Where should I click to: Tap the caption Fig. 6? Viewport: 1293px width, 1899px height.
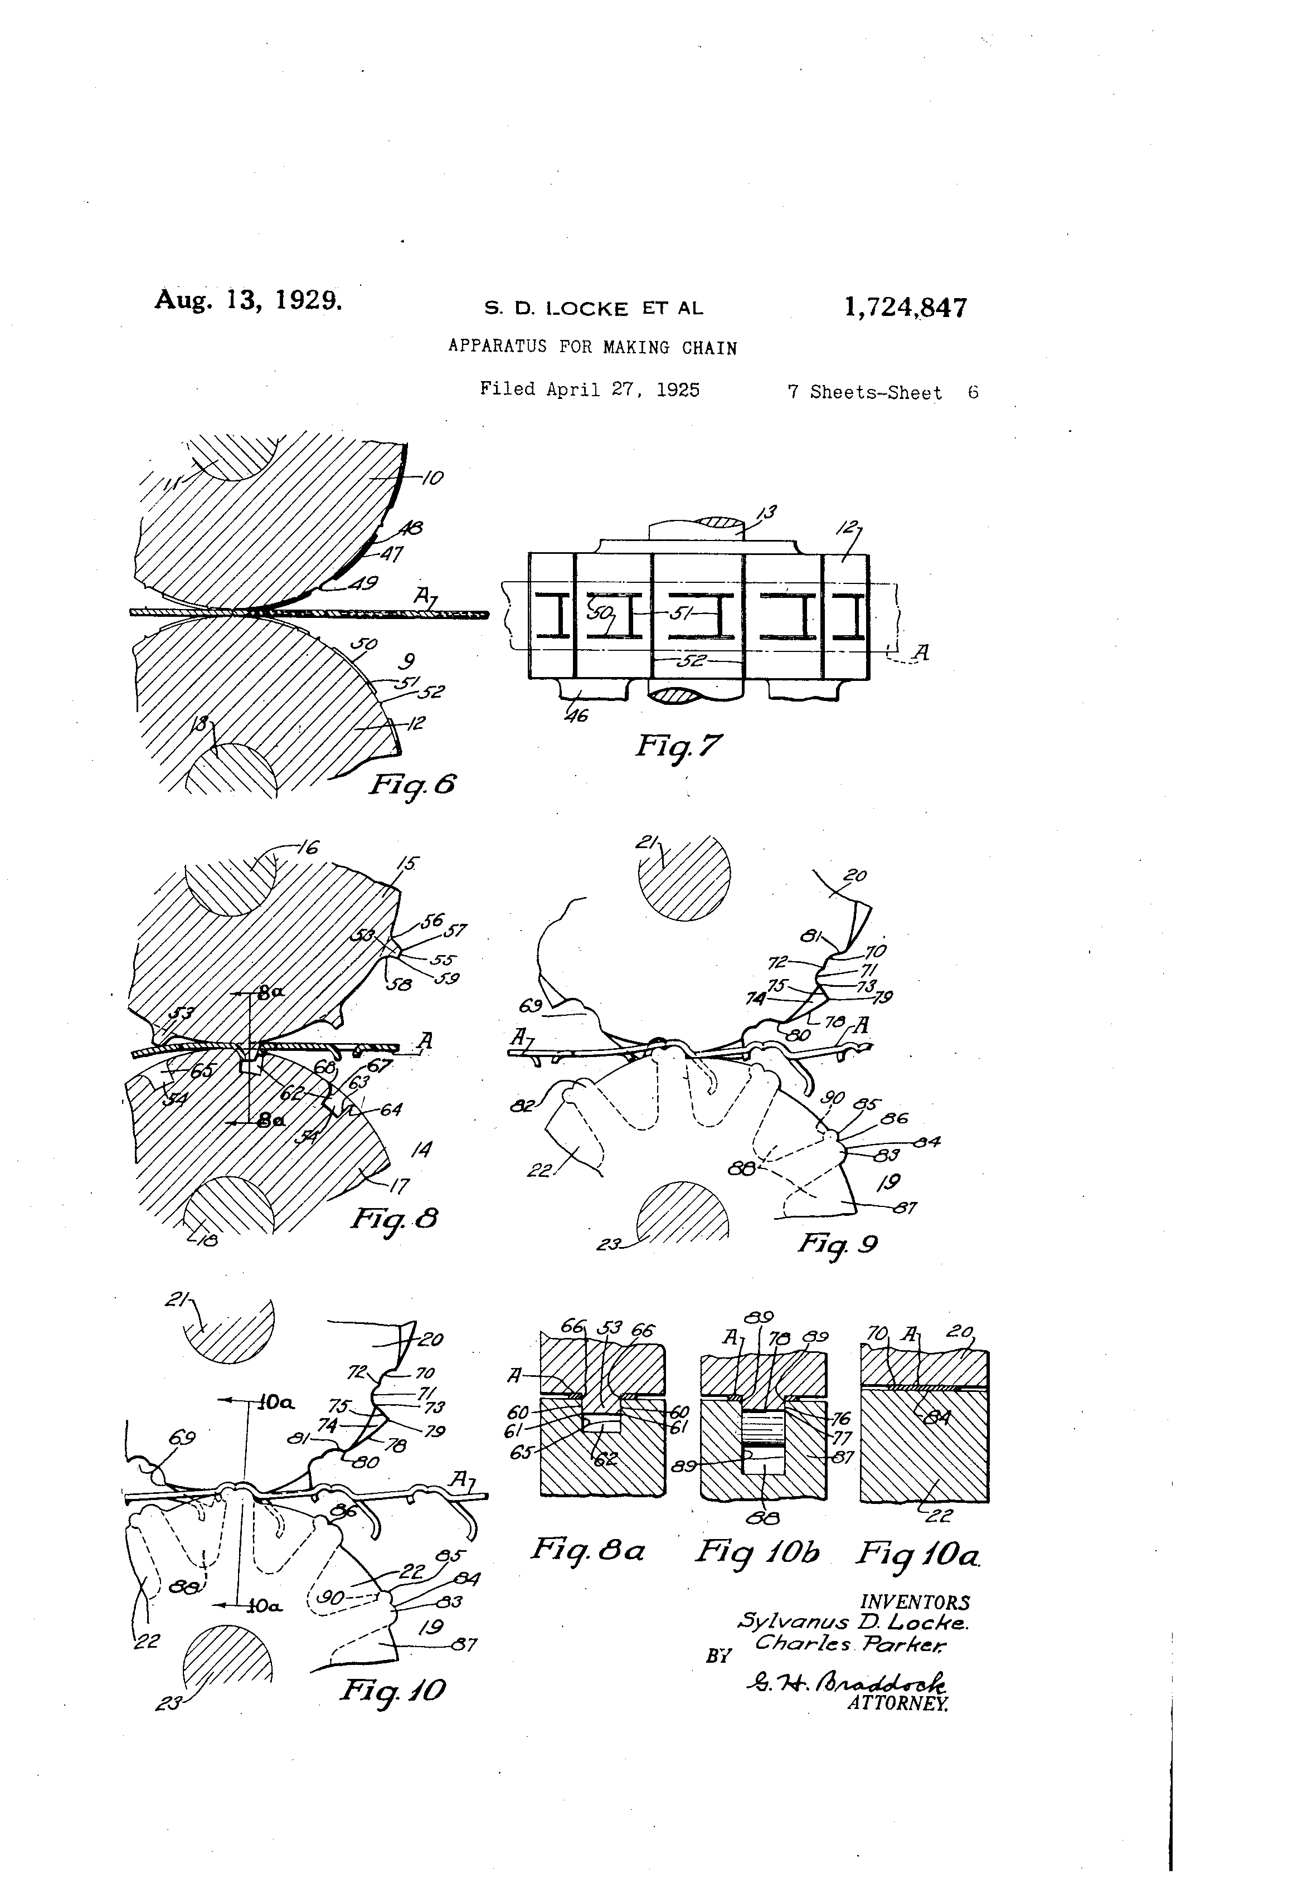(412, 785)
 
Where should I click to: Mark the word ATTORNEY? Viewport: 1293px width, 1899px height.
(898, 1704)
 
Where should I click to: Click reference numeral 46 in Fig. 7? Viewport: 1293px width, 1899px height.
(577, 716)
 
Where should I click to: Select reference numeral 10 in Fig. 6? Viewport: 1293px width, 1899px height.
(432, 479)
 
